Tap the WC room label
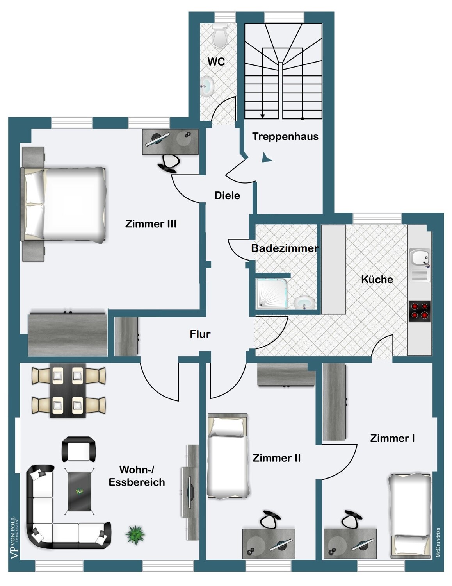click(216, 62)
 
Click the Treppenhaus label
click(285, 136)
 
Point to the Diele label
click(227, 195)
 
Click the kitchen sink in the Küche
click(419, 265)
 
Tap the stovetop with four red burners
click(419, 311)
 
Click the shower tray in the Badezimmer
click(272, 293)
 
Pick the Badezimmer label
click(285, 248)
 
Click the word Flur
click(200, 334)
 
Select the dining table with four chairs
click(68, 391)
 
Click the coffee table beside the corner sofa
click(79, 491)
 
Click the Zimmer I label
click(392, 438)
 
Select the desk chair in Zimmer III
click(169, 163)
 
